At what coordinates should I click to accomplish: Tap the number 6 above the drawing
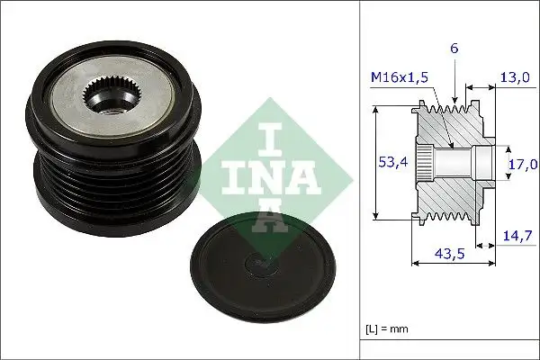tap(455, 48)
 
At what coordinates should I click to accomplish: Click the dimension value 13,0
tap(515, 77)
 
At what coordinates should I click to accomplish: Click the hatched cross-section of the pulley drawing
tap(450, 193)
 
